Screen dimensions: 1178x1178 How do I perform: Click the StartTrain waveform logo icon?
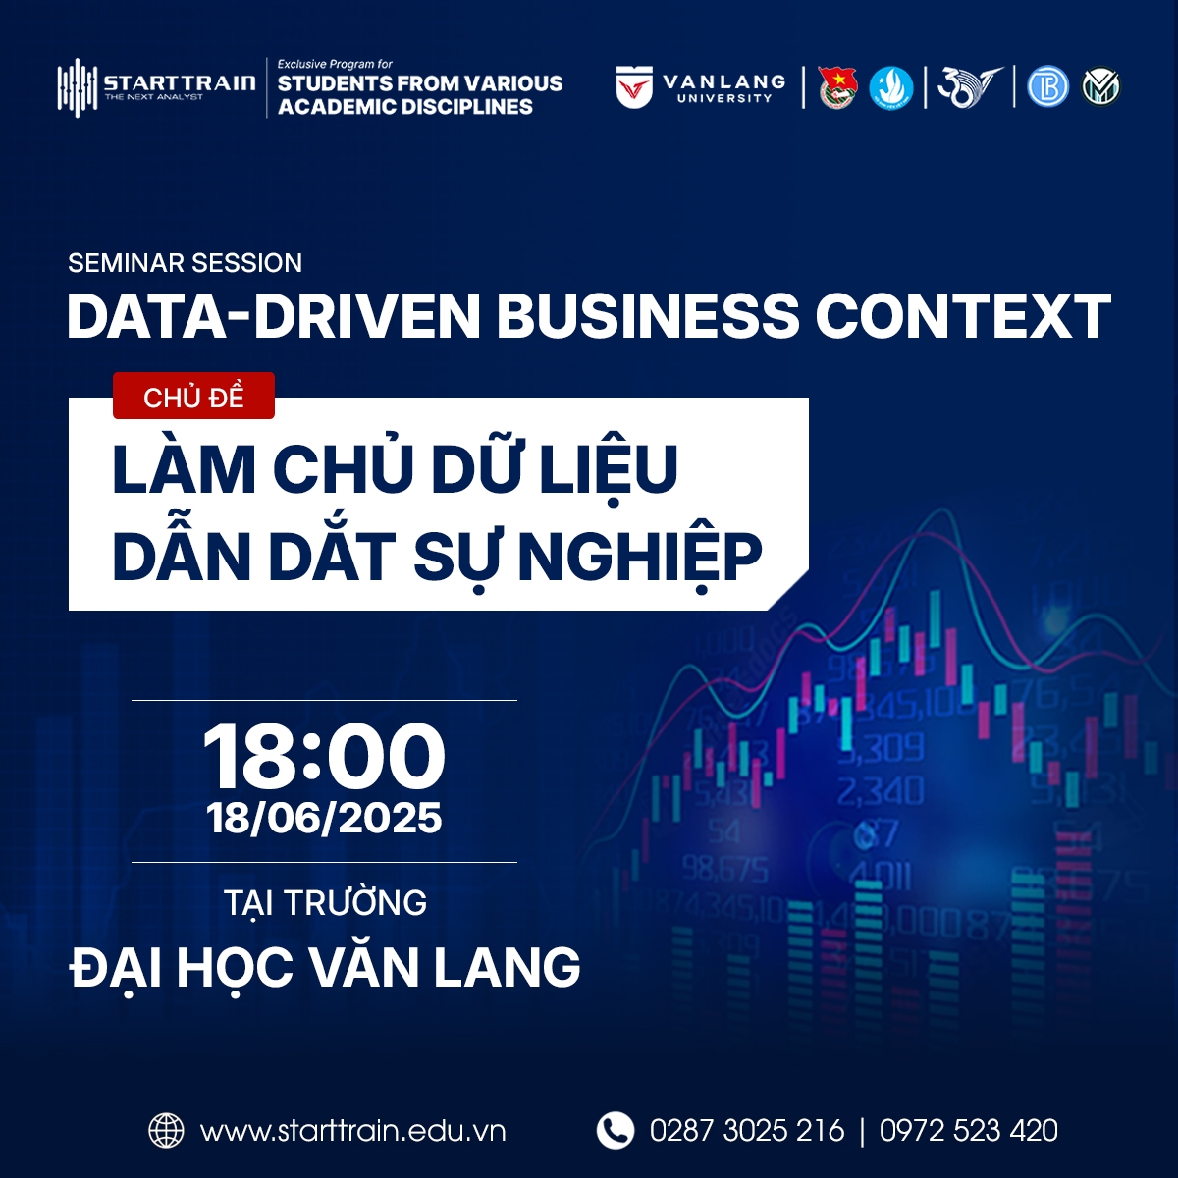[77, 87]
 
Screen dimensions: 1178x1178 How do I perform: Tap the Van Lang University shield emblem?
[634, 86]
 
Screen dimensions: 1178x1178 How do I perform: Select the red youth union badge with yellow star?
[837, 88]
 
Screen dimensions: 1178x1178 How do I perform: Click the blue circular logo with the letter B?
[1047, 86]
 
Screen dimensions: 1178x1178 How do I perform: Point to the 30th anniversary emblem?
[970, 86]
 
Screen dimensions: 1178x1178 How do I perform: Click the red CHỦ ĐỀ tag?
[193, 397]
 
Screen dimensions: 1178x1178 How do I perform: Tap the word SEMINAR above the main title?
[126, 263]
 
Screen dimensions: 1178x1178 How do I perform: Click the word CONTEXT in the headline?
[963, 316]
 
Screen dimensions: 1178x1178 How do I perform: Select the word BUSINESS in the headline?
[647, 316]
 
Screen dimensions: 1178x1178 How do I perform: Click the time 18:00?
[324, 756]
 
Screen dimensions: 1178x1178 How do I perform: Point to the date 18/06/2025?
[324, 818]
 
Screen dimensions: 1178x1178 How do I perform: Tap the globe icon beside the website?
[166, 1130]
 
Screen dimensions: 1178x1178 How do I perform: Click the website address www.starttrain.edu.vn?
[353, 1131]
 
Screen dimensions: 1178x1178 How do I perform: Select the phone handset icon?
[615, 1130]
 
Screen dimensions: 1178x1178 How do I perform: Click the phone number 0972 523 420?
[969, 1130]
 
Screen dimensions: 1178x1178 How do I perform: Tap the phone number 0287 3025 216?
[747, 1130]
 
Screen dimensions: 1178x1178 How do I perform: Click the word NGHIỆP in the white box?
[641, 558]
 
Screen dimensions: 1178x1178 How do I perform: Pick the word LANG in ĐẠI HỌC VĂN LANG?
[507, 968]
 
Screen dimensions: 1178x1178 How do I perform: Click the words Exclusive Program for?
[335, 64]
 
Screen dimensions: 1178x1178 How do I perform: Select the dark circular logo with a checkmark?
[1101, 86]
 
